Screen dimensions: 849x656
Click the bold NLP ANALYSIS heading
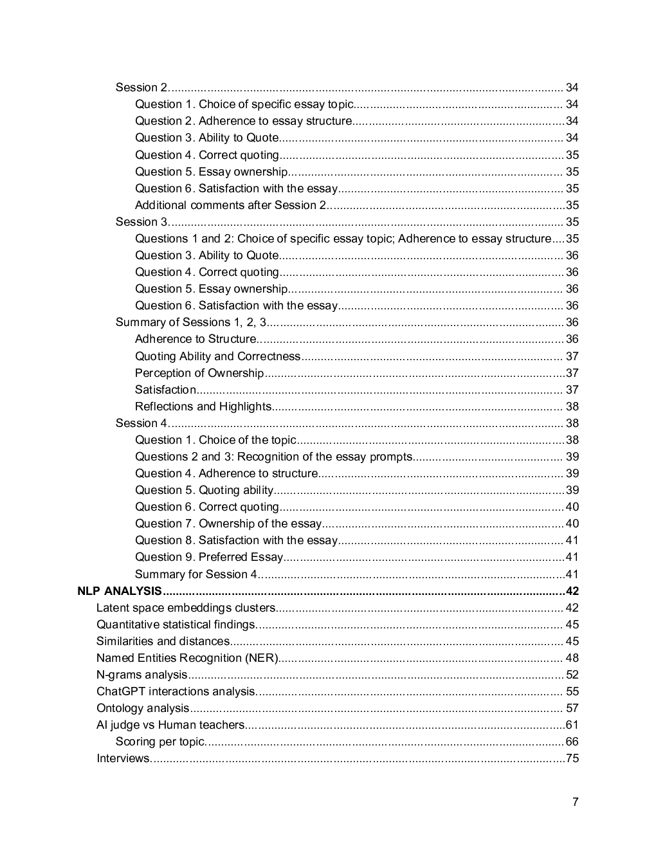point(120,591)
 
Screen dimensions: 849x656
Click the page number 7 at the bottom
point(575,801)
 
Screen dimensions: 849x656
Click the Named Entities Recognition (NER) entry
point(187,658)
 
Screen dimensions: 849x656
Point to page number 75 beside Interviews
point(572,758)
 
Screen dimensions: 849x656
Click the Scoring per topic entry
point(160,742)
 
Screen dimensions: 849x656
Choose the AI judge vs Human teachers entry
point(170,725)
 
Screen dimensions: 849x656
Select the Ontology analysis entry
point(143,708)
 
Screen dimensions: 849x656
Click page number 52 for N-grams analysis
point(572,675)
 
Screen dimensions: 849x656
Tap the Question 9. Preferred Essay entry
point(209,557)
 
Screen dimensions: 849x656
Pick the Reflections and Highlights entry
point(203,406)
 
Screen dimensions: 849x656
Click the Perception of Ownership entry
point(199,373)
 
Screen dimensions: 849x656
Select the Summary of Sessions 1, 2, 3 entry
point(191,322)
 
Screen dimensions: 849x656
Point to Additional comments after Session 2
point(230,205)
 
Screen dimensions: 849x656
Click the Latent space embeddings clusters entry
point(186,608)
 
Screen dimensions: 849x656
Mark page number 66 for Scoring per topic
point(572,742)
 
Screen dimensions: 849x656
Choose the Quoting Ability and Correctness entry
point(217,356)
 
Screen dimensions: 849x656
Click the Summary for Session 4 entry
point(196,574)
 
